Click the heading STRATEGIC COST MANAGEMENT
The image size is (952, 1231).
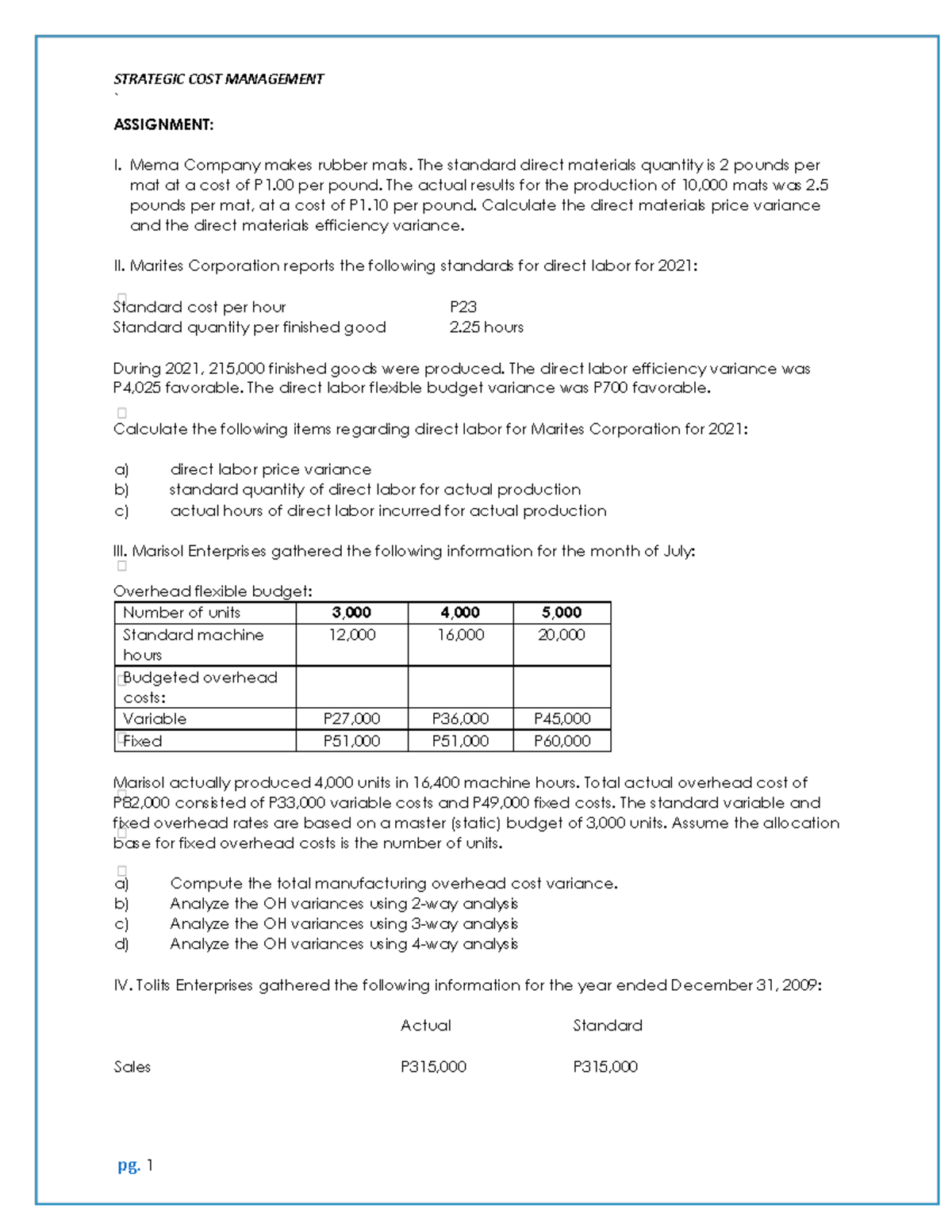tap(218, 79)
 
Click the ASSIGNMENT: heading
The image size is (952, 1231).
tap(163, 124)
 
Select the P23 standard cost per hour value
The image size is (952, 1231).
tap(463, 307)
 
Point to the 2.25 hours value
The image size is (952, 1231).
tap(486, 327)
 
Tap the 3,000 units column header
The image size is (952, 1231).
tap(351, 613)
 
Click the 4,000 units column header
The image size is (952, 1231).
tap(460, 613)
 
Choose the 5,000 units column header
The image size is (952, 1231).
tap(562, 613)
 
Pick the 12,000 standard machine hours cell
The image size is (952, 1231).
tap(351, 635)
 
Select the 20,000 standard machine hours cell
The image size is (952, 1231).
tap(562, 635)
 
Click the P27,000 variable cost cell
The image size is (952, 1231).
tap(351, 719)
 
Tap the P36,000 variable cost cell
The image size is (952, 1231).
tap(460, 719)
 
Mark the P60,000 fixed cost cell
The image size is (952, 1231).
tap(562, 741)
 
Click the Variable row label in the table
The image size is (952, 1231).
tap(155, 719)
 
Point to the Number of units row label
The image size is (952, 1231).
tap(181, 613)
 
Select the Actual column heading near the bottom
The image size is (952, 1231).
tap(425, 1026)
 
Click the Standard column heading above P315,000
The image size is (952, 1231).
tap(608, 1026)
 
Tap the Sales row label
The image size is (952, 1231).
tap(132, 1067)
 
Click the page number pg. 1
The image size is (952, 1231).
tap(135, 1165)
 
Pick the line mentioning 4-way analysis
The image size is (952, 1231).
tap(344, 944)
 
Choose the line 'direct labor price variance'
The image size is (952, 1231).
tap(271, 469)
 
